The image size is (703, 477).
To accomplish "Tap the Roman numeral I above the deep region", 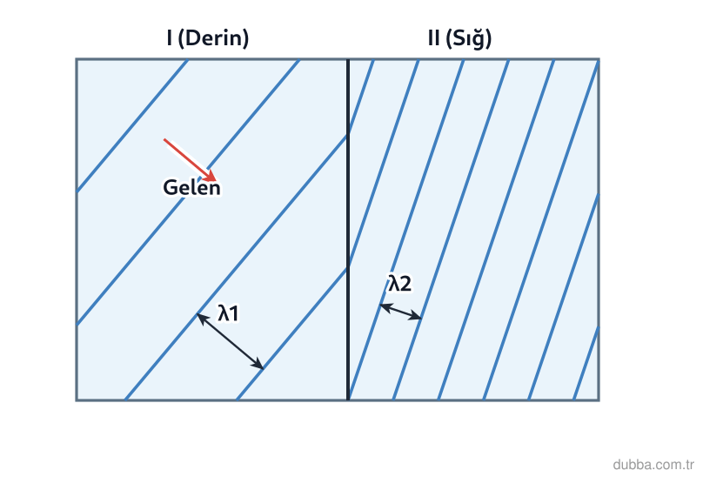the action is pos(169,38).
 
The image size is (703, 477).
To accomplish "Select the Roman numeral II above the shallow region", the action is pos(433,38).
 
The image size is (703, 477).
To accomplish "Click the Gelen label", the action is pos(192,187).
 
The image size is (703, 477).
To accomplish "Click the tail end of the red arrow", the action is pos(164,139).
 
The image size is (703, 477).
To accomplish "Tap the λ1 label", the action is pos(228,312).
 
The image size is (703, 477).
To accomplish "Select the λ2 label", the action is pos(399,283).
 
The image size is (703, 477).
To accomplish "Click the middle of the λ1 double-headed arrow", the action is pos(231,341).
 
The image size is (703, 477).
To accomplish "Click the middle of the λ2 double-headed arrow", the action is pos(401,312).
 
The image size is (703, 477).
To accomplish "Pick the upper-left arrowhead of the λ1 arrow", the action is pos(202,317).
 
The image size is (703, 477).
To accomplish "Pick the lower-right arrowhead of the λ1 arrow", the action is pos(259,366).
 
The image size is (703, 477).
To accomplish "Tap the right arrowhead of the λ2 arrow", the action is pos(418,318).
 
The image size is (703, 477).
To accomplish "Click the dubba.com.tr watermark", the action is pos(653,465).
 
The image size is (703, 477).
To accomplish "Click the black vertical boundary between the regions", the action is pos(348,229).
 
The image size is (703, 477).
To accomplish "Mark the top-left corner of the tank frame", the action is pos(77,59).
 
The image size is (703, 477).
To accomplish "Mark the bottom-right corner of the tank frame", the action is pos(599,400).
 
